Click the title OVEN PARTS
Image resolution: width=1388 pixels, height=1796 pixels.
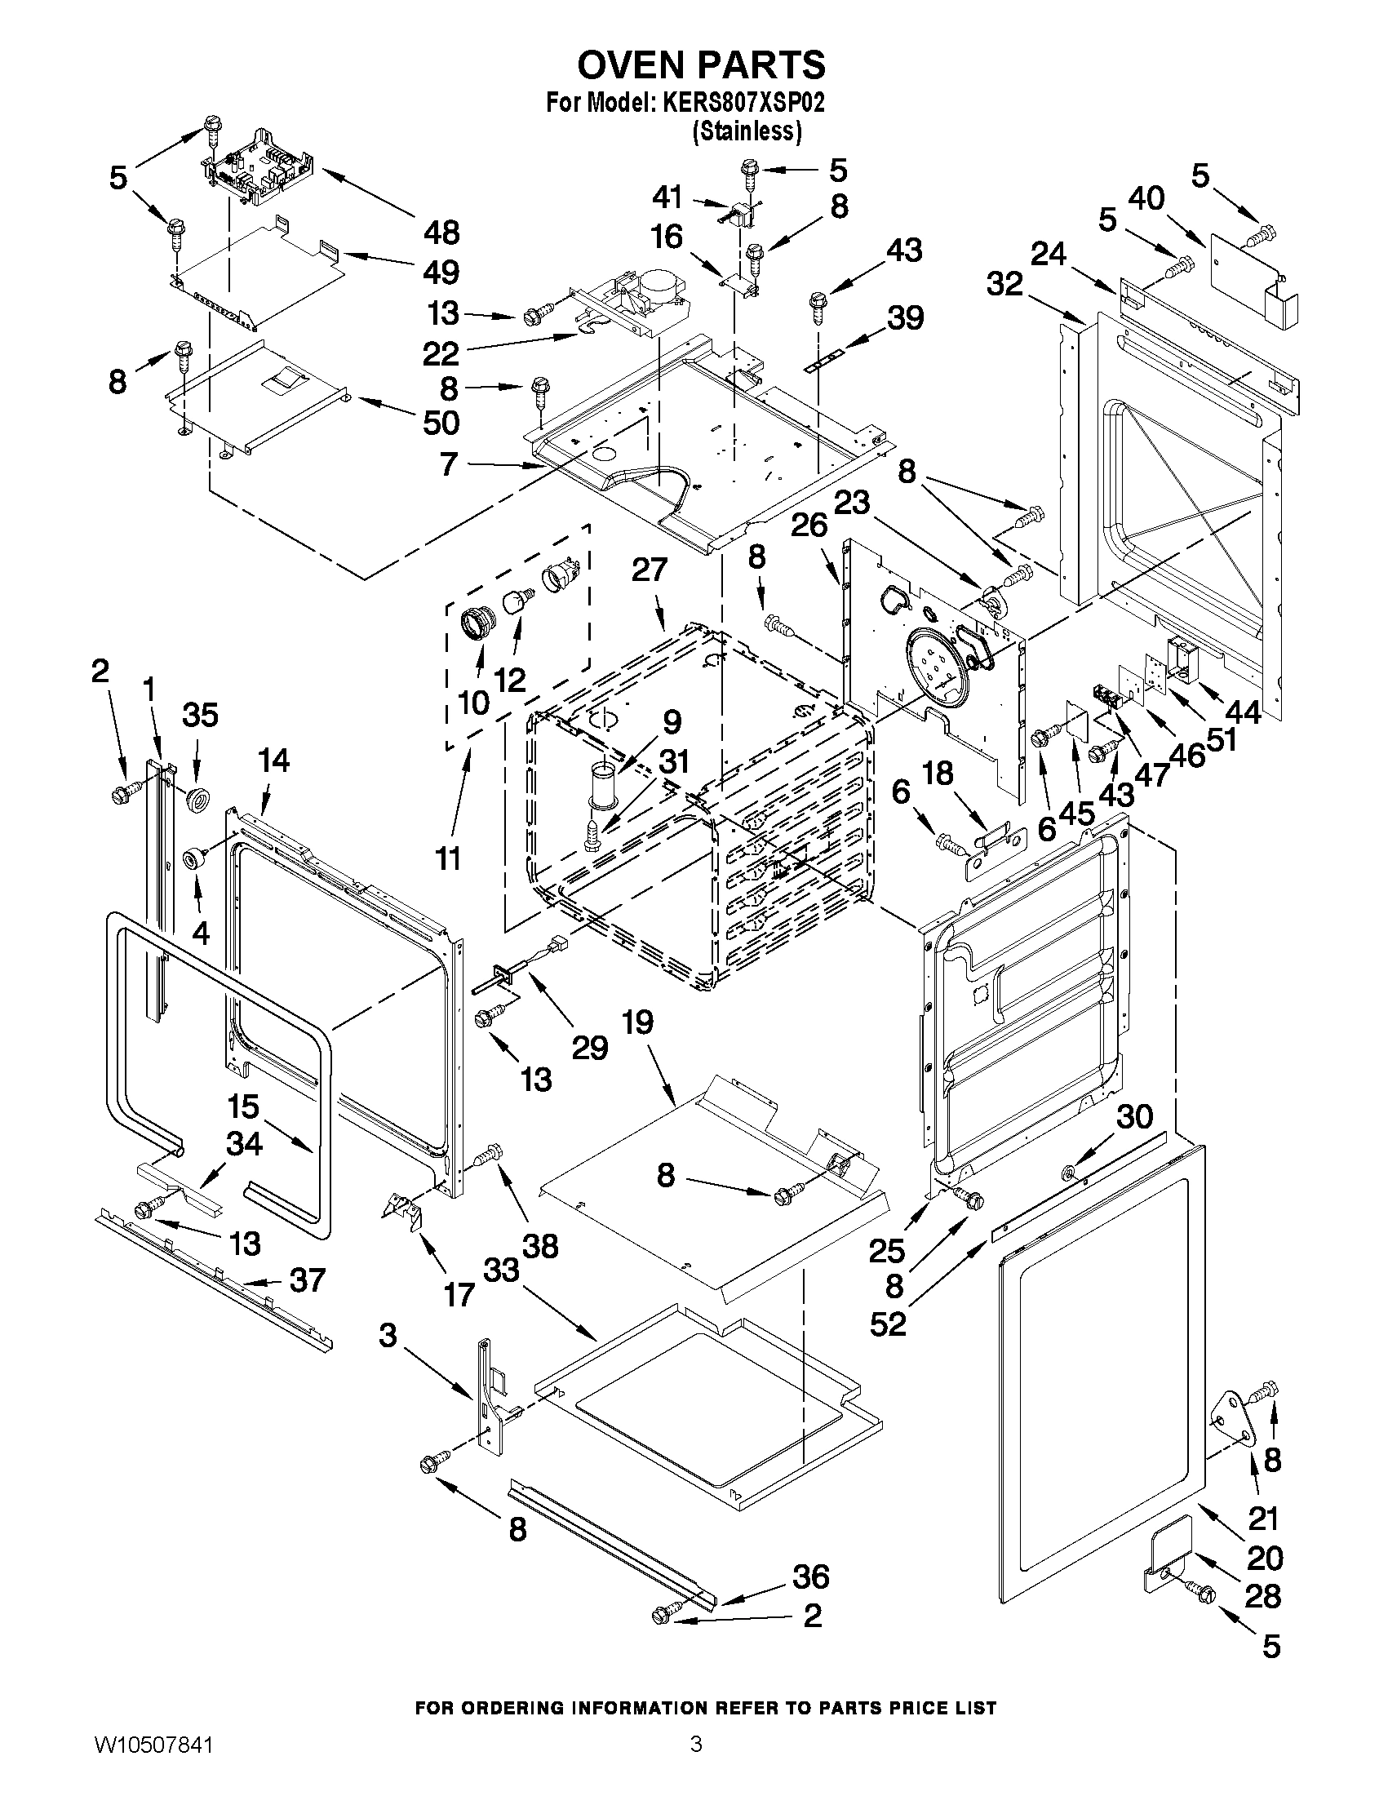coord(701,64)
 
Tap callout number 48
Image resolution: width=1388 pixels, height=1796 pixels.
coord(441,233)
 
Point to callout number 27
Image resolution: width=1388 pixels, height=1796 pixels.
coord(650,570)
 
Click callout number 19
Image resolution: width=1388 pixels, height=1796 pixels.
coord(637,1022)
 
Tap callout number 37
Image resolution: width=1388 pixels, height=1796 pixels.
coord(306,1280)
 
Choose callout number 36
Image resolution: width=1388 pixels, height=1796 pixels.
coord(810,1576)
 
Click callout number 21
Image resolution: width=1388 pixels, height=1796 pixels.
coord(1263,1517)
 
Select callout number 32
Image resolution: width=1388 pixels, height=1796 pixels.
coord(1004,284)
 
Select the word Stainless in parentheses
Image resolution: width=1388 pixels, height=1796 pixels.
coord(747,131)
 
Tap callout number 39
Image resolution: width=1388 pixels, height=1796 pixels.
coord(904,318)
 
